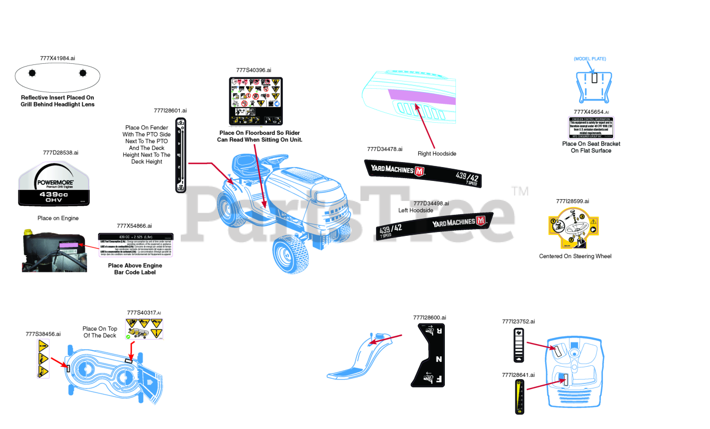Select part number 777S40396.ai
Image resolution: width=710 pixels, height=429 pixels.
tap(253, 70)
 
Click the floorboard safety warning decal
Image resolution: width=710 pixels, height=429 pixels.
tap(256, 100)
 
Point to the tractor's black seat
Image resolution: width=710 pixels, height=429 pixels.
tap(248, 163)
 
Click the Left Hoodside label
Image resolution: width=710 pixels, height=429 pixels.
tap(415, 210)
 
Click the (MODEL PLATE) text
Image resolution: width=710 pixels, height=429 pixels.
tap(590, 59)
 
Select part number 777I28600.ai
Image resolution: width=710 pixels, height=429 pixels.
tap(429, 317)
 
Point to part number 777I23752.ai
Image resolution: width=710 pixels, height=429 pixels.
tap(518, 321)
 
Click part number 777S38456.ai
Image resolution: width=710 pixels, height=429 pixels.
tap(43, 334)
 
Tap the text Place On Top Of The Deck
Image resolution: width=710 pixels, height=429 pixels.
tap(100, 332)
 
